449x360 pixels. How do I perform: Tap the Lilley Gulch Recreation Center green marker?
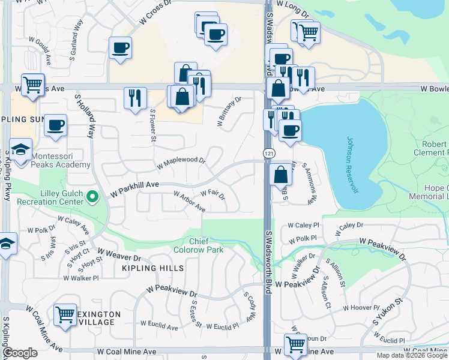click(92, 196)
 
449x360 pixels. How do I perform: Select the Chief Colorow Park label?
click(198, 245)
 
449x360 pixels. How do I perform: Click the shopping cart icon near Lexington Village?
click(65, 314)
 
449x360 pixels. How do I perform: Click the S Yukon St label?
click(385, 310)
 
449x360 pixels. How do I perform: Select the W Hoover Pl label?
click(361, 308)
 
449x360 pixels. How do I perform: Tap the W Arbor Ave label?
click(190, 202)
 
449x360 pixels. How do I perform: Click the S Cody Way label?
click(250, 307)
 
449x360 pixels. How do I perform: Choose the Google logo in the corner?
click(20, 353)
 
